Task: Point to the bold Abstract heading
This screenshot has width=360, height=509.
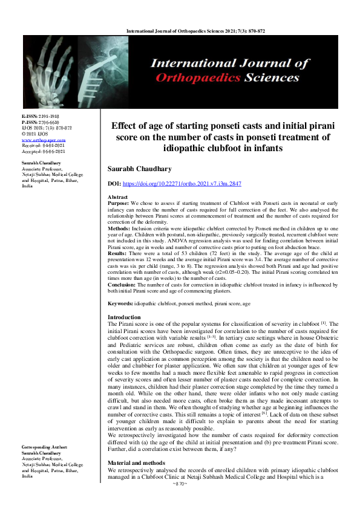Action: click(x=117, y=198)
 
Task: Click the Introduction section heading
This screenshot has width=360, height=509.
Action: click(x=125, y=317)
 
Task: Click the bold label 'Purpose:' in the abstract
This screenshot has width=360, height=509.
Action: click(x=119, y=204)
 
